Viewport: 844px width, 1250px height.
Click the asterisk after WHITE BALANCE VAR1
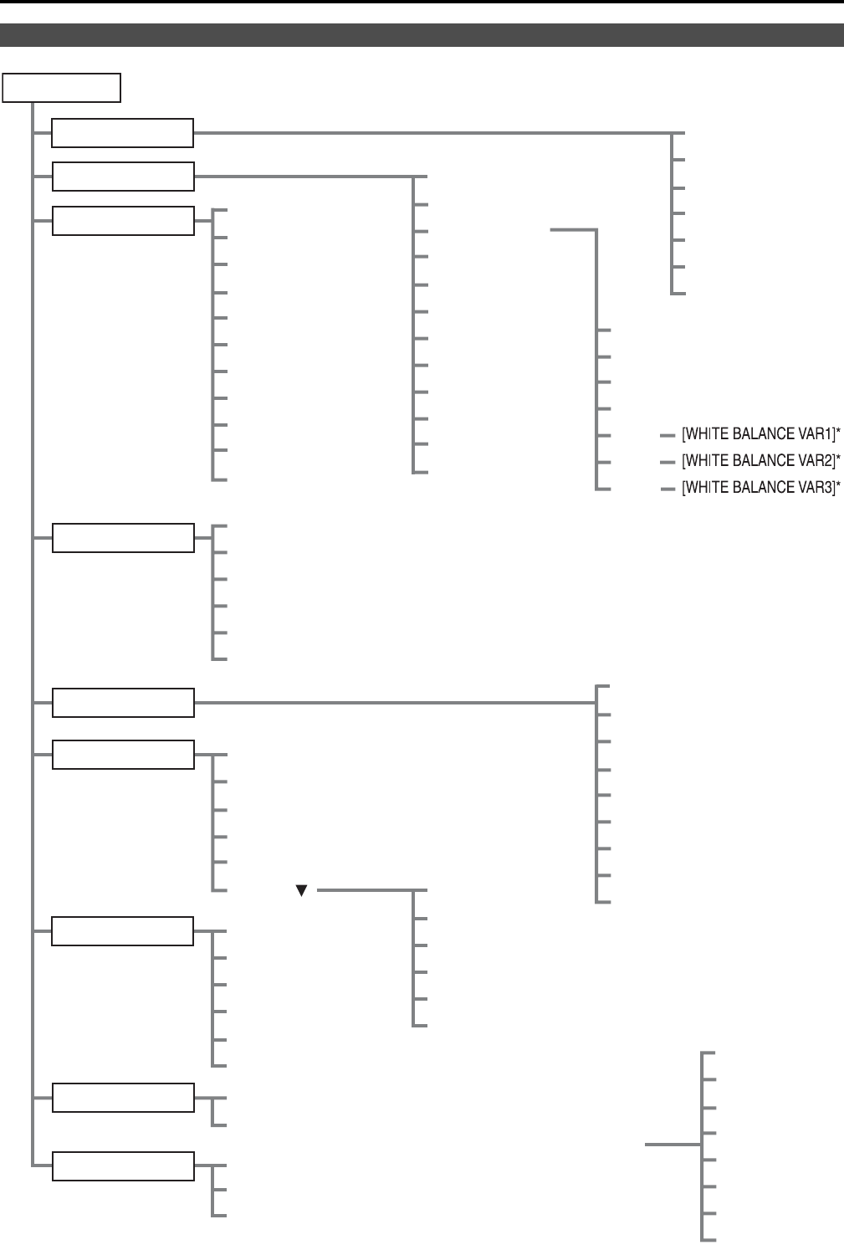[x=838, y=433]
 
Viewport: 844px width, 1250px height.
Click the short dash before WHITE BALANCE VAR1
[x=667, y=435]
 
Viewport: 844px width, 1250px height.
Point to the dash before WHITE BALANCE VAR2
[x=667, y=462]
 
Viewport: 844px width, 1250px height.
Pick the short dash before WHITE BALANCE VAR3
[x=667, y=489]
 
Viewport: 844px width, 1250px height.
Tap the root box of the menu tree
[x=62, y=88]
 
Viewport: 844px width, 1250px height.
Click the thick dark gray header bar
[x=422, y=35]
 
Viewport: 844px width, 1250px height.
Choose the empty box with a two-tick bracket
[x=123, y=1098]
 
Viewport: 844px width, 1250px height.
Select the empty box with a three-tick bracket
[x=123, y=1166]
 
